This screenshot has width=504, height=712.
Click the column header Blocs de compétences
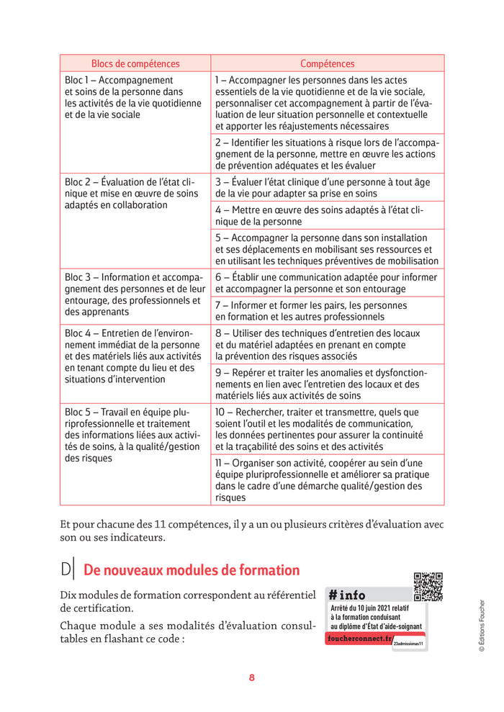click(135, 63)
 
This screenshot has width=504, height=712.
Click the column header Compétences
click(327, 63)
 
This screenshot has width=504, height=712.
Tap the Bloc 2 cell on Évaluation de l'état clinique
click(134, 194)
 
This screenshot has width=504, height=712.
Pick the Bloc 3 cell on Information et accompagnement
click(134, 294)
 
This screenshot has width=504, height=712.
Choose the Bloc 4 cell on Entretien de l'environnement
click(134, 356)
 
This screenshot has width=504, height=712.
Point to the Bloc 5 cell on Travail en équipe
click(134, 436)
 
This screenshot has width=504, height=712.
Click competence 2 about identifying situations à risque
click(327, 154)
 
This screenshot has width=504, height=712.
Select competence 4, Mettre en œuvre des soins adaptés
click(327, 215)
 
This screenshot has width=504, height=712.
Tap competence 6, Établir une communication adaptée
click(327, 283)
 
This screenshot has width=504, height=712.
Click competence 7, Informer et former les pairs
click(327, 311)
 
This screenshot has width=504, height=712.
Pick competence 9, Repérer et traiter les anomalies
click(327, 384)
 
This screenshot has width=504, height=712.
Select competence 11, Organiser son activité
click(327, 480)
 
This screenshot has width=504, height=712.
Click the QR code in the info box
click(428, 587)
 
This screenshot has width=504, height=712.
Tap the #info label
click(347, 595)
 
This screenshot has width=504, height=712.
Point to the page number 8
click(252, 677)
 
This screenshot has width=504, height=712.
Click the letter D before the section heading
click(66, 570)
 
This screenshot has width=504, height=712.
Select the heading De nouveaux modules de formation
click(192, 570)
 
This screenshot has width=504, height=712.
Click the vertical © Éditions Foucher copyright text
click(482, 626)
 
